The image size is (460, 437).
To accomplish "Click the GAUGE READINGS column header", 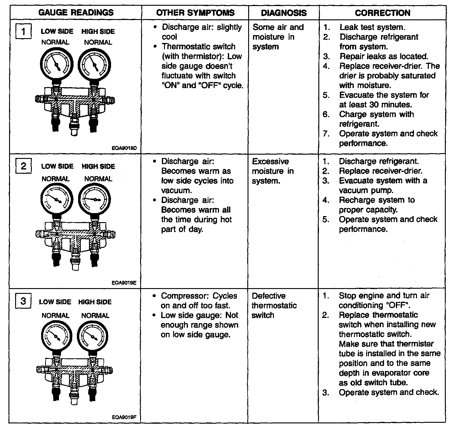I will (x=76, y=13).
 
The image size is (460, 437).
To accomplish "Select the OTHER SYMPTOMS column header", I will (x=195, y=13).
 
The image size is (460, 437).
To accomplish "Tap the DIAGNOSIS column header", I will (x=284, y=13).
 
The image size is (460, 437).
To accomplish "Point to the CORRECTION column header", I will (x=383, y=13).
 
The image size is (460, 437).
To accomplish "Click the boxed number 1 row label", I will (x=23, y=31).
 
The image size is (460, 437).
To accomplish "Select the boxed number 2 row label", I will (x=23, y=166).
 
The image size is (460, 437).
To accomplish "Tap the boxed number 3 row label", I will (x=23, y=301).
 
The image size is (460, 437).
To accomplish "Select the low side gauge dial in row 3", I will (x=56, y=336).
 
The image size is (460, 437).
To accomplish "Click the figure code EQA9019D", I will (x=124, y=148).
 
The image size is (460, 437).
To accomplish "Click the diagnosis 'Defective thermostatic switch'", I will (x=274, y=305).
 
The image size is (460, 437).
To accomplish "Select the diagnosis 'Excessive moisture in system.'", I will (x=273, y=171).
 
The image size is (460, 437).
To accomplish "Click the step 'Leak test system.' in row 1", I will (x=372, y=27).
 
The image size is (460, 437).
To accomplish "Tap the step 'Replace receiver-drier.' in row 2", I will (x=380, y=171).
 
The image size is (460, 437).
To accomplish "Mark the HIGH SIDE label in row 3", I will (x=95, y=302).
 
